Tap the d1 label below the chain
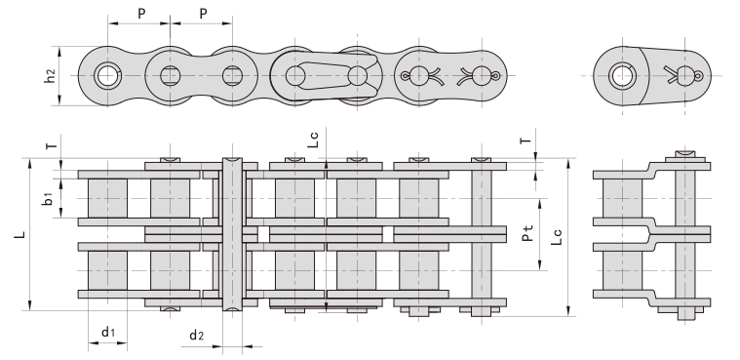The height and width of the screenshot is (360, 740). click(108, 334)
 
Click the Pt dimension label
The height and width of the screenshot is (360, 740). click(527, 234)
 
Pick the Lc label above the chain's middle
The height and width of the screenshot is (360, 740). click(311, 139)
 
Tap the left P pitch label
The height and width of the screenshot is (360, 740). click(140, 14)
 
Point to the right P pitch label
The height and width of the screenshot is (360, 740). click(202, 14)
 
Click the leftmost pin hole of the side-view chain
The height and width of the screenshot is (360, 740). click(107, 75)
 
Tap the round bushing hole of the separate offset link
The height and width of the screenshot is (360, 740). click(620, 75)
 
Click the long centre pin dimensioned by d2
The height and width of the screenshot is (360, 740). click(230, 234)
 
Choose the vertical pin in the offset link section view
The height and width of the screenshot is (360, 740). click(684, 234)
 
